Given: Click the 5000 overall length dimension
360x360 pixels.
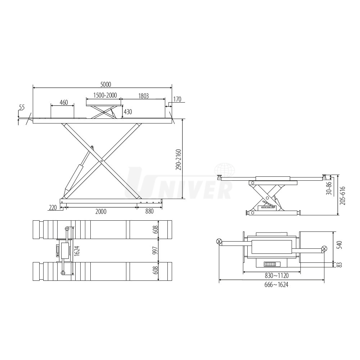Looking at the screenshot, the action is coord(105,85).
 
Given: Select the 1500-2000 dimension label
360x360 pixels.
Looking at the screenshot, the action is coord(105,95).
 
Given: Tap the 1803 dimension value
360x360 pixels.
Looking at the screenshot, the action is coord(144,96).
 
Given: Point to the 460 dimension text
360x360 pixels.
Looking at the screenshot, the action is coord(64,102).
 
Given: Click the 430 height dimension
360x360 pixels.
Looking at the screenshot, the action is coord(128,112).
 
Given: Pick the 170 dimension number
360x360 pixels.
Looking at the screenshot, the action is coord(177,99).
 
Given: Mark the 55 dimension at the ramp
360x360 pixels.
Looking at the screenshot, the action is coord(22,107).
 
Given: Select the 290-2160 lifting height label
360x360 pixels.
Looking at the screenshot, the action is coord(179,160).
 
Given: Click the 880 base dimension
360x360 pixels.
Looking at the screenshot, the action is coord(149,211).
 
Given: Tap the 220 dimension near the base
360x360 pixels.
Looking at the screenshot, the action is coord(53,208).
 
